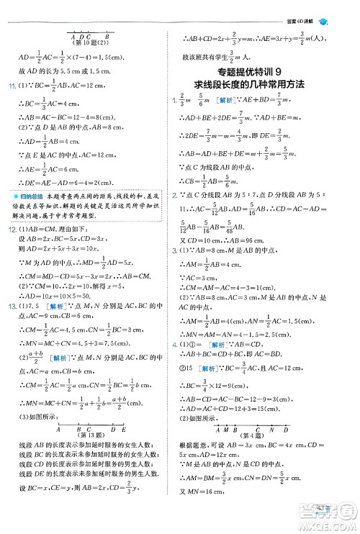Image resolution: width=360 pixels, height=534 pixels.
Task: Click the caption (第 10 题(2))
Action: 87,41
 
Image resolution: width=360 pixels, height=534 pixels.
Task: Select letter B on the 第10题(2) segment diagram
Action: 107,34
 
